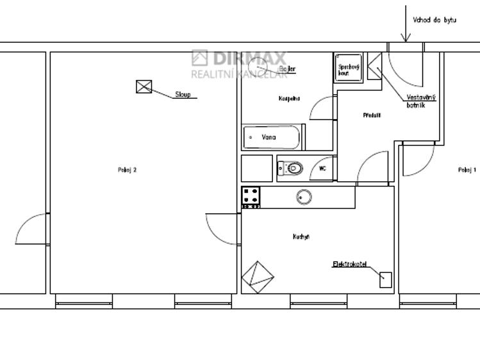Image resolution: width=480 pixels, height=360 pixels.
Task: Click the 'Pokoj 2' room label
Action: (x=128, y=170)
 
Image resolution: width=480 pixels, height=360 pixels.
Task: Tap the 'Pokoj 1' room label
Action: (x=467, y=170)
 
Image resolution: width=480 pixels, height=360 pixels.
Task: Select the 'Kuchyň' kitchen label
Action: (x=301, y=237)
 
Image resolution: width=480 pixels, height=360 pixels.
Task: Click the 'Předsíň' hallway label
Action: (x=372, y=115)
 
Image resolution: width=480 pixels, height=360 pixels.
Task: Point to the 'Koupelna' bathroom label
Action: (x=289, y=99)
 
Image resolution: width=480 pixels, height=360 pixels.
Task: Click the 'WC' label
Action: (x=322, y=169)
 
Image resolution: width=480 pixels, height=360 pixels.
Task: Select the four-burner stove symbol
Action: (x=251, y=197)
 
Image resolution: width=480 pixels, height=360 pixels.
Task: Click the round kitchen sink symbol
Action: (x=304, y=197)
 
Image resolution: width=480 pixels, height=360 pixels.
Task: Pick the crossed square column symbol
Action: (x=144, y=86)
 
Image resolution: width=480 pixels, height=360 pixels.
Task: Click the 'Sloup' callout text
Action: (x=183, y=95)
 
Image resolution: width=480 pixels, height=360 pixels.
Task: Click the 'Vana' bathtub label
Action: (x=269, y=137)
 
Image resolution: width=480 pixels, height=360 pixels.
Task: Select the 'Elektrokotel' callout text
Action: (x=350, y=264)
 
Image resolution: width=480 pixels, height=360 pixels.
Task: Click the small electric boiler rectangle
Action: (x=385, y=279)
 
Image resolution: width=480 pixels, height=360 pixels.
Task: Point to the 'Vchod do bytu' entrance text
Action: (x=434, y=20)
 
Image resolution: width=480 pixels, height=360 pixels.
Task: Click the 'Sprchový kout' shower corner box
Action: (x=349, y=69)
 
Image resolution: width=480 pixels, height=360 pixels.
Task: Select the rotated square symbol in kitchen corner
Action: (x=258, y=277)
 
